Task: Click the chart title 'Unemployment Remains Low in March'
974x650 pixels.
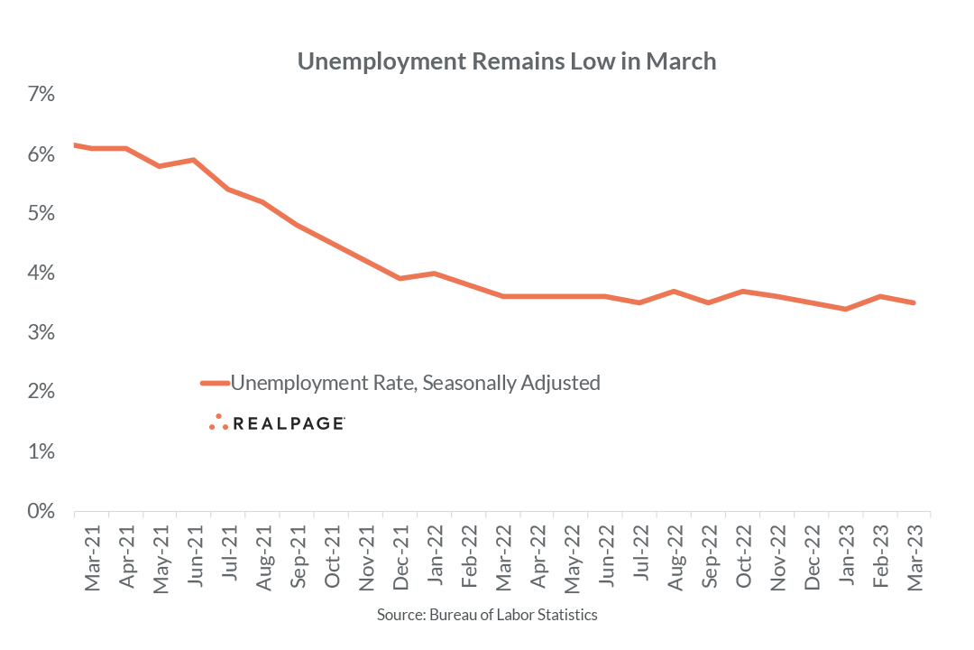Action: pyautogui.click(x=506, y=61)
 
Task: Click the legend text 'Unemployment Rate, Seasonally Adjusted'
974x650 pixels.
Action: pyautogui.click(x=416, y=383)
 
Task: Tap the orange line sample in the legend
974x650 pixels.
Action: pyautogui.click(x=215, y=383)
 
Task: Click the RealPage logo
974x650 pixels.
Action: pyautogui.click(x=277, y=422)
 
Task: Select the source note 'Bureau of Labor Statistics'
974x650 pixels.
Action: pyautogui.click(x=487, y=615)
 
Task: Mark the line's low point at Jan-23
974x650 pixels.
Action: pyautogui.click(x=845, y=309)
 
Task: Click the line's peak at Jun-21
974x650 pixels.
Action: pyautogui.click(x=194, y=160)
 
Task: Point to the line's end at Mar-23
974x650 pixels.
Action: pyautogui.click(x=914, y=302)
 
